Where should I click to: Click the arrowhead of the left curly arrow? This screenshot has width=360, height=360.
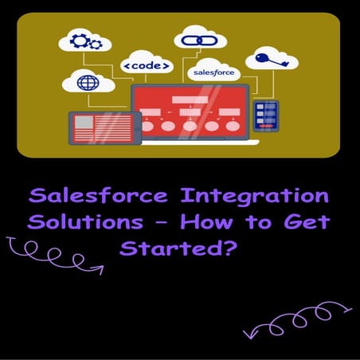101,269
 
